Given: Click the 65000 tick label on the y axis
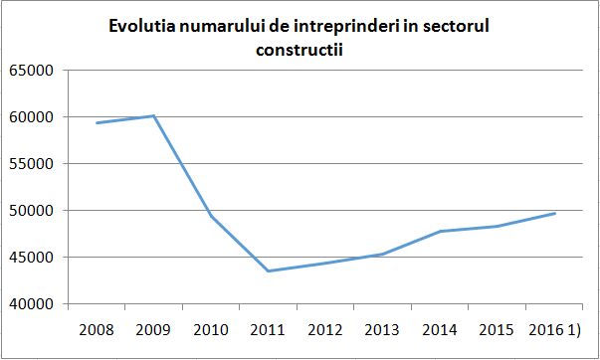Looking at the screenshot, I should tap(33, 71).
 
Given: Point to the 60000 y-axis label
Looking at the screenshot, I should tap(33, 117).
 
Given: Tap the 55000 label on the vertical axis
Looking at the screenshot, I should tap(33, 164).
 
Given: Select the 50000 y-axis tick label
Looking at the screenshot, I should tap(33, 211).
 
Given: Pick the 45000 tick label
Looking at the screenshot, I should tap(33, 258).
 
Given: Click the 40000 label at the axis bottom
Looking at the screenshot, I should tap(33, 304).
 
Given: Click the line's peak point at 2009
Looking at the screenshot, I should tap(154, 115).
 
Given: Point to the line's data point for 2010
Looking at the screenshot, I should tap(211, 216).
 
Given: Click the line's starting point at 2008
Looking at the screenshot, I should tap(97, 122).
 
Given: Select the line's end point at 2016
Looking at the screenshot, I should tap(555, 213).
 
